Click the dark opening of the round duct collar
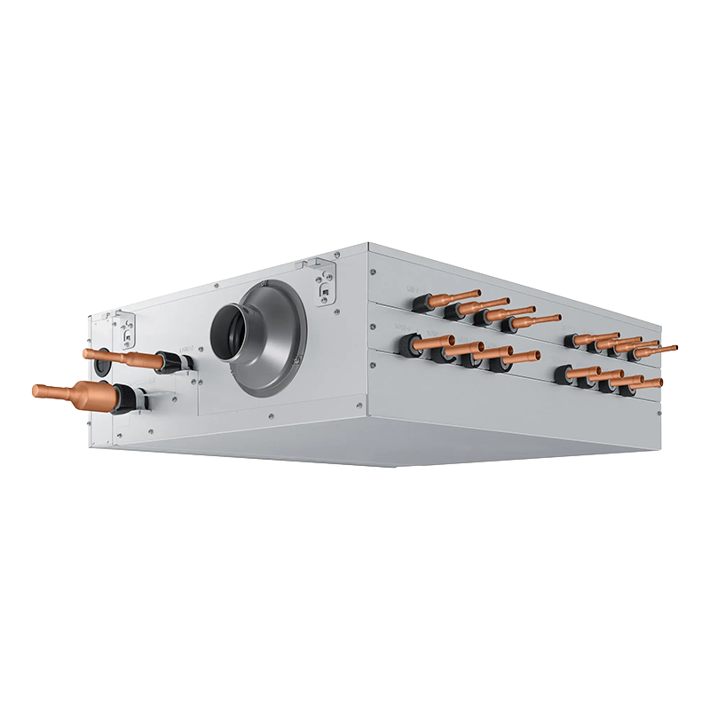(229, 334)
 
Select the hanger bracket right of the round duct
(325, 281)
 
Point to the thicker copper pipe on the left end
(75, 390)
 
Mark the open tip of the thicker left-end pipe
(36, 390)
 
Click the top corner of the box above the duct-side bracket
(367, 243)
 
